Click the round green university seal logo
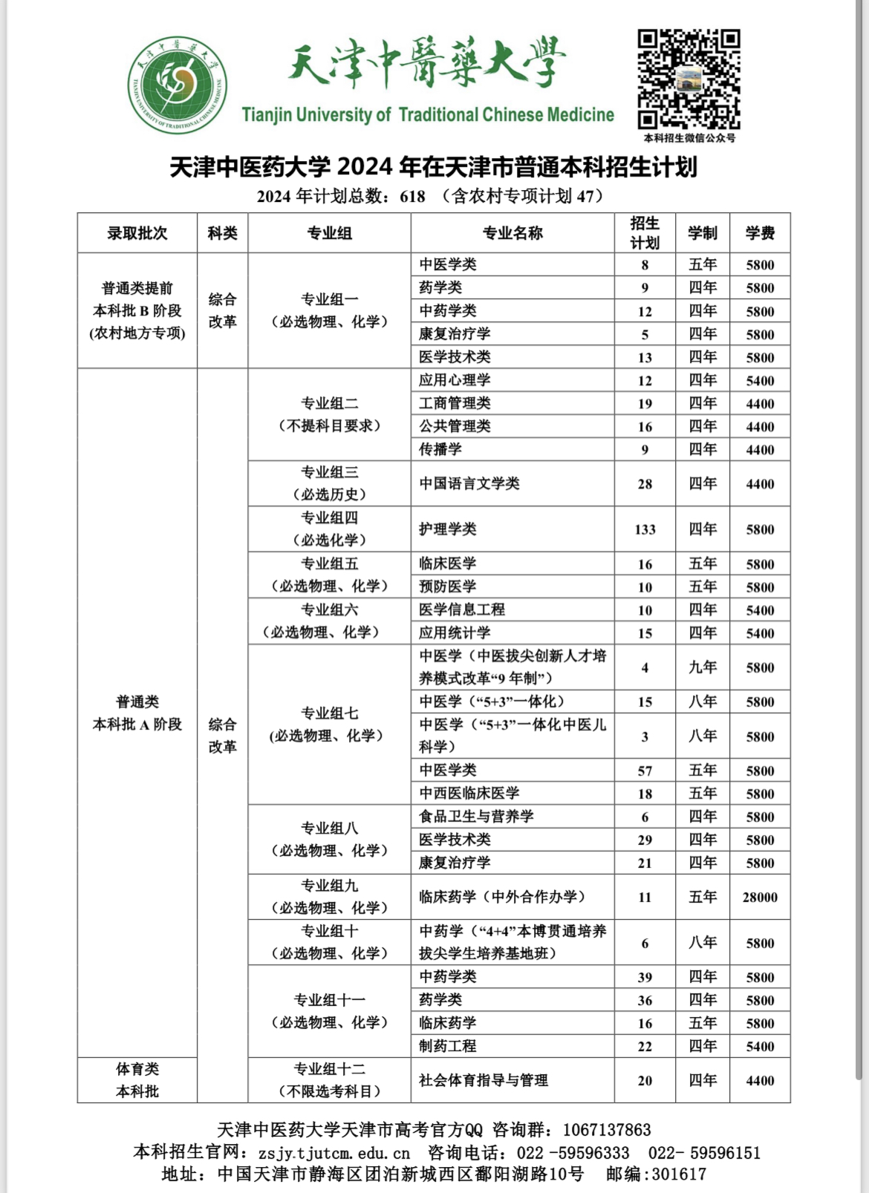[x=178, y=85]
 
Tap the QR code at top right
[x=689, y=79]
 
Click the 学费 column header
[x=760, y=233]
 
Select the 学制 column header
[x=702, y=233]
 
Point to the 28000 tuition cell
[x=760, y=897]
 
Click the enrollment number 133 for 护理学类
[x=645, y=529]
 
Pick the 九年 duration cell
[x=702, y=667]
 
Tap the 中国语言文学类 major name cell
[x=469, y=483]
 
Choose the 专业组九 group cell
[x=329, y=897]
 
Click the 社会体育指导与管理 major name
[x=484, y=1080]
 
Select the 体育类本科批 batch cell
[x=137, y=1080]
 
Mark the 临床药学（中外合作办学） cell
[x=502, y=897]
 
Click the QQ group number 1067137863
[x=607, y=1130]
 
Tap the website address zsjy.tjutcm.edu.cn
[x=334, y=1153]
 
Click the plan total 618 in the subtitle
[x=412, y=197]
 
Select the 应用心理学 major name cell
[x=455, y=380]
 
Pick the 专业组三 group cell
[x=329, y=483]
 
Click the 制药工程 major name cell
[x=447, y=1046]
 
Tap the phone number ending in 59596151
[x=704, y=1153]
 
